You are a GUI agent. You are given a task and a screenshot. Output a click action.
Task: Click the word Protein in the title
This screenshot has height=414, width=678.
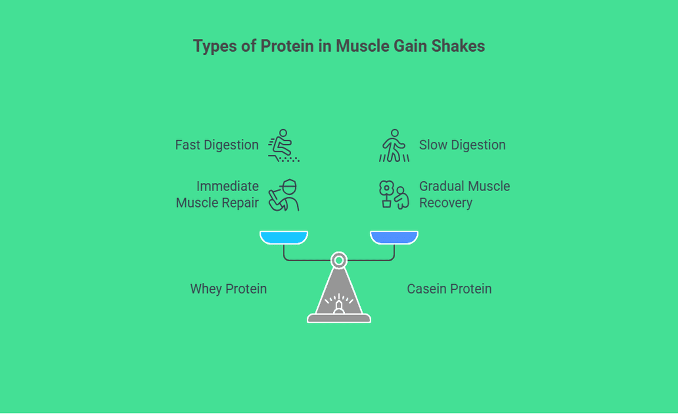tap(287, 46)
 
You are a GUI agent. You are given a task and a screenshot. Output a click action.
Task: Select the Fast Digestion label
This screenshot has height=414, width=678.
tap(217, 145)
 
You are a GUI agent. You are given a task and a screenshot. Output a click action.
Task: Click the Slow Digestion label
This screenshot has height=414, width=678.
tap(462, 145)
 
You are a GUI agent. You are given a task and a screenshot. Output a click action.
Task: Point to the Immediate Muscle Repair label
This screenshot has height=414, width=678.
tap(217, 195)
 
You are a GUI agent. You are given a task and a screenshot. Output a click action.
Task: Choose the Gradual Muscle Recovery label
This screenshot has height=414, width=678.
tap(464, 195)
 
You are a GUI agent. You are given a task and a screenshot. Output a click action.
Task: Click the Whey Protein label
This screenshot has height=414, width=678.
tap(228, 289)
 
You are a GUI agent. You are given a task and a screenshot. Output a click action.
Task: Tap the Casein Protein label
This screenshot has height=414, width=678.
tap(449, 289)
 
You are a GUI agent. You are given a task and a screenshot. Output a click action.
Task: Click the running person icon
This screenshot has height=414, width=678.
tap(284, 145)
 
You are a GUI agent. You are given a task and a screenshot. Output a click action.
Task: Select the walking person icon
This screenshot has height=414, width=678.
tap(394, 145)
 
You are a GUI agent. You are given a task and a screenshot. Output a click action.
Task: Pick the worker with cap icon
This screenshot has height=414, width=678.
tap(284, 195)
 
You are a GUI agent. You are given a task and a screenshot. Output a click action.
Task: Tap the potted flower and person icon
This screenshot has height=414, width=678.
tap(394, 195)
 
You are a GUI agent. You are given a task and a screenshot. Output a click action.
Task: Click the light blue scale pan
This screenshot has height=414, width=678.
tap(284, 237)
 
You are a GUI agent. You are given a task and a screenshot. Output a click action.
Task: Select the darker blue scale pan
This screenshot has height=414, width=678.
tap(394, 237)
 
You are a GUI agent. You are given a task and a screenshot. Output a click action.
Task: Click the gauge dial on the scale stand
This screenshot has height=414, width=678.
tap(339, 303)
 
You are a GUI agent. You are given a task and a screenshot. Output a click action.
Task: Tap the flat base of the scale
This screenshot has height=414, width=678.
tap(339, 319)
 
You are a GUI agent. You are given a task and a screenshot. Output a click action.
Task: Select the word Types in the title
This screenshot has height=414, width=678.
tap(215, 46)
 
